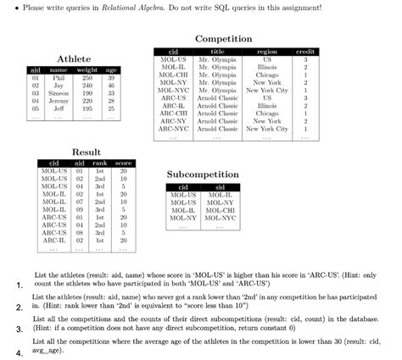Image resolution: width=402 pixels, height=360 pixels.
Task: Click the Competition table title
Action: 223,40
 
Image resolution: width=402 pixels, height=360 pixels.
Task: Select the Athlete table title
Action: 74,58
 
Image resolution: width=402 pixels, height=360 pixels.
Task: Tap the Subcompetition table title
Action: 203,174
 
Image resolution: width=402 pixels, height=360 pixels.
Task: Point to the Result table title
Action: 86,152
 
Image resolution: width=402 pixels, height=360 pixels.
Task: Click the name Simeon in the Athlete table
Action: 59,92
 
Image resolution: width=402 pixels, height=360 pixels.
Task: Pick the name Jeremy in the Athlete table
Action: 59,100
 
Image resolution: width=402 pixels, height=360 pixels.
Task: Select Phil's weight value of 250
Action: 87,76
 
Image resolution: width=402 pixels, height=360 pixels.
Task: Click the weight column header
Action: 87,69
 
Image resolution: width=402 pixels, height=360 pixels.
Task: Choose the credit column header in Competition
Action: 305,53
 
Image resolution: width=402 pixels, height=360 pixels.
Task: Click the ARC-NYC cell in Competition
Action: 173,128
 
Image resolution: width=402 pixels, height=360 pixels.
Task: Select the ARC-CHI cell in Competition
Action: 173,113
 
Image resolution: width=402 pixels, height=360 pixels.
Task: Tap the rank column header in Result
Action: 99,162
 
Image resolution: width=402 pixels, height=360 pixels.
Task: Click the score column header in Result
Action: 122,162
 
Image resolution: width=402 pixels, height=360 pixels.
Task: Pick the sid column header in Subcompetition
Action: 221,186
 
